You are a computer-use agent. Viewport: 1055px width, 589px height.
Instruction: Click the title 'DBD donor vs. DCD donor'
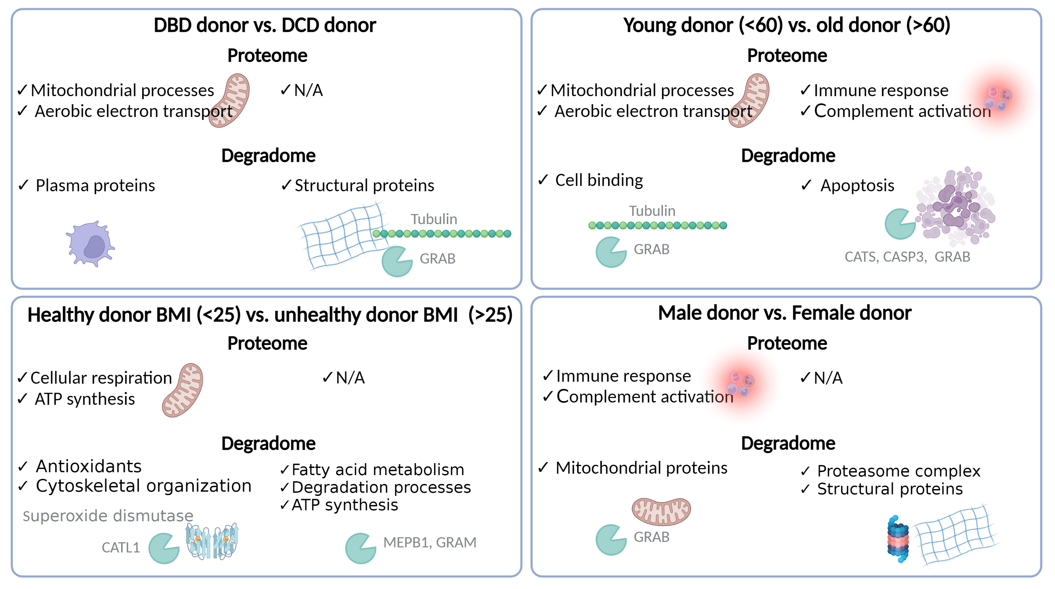point(265,25)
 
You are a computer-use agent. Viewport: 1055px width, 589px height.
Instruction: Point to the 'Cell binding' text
point(598,180)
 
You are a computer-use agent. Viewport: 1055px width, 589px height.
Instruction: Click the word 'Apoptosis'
point(857,186)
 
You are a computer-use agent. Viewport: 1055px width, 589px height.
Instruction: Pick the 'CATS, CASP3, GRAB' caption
point(907,257)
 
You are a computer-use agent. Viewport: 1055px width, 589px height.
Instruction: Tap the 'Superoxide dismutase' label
point(108,516)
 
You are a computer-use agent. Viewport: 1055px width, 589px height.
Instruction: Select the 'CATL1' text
point(120,548)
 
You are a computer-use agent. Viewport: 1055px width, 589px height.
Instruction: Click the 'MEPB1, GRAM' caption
point(430,542)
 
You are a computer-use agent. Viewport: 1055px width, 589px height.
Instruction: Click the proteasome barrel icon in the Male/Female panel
point(898,538)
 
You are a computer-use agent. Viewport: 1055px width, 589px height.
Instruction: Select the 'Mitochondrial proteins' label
point(641,468)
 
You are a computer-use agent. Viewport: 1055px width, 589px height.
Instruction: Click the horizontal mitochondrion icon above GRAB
point(661,511)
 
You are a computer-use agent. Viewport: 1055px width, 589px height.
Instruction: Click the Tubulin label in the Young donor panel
point(652,211)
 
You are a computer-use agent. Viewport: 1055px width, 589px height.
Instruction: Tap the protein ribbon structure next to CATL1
point(212,542)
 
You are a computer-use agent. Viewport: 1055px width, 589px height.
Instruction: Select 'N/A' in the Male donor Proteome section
point(828,378)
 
